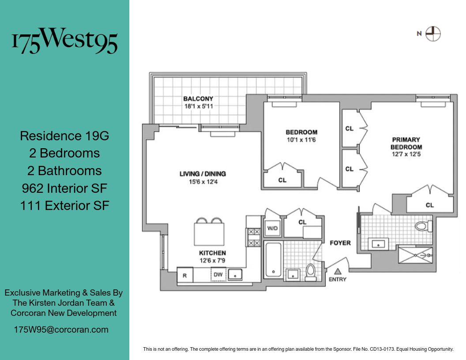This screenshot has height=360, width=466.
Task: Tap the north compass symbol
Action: coord(433,34)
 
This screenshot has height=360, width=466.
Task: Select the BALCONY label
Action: coord(198,99)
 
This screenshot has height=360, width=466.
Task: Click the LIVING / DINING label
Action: coord(203,174)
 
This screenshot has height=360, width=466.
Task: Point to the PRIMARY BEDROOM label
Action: coord(406,143)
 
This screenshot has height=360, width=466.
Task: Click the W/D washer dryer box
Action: coord(272,229)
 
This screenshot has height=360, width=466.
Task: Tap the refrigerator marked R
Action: coord(184,275)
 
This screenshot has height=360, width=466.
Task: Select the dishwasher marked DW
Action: coord(218,274)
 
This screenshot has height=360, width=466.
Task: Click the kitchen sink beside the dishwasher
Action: coord(236,274)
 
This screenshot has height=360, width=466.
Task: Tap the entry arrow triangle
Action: coord(338,271)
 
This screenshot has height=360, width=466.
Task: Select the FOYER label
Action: coord(340,243)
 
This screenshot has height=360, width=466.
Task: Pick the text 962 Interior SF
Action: coord(64,188)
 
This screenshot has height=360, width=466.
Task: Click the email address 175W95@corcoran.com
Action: coord(61,330)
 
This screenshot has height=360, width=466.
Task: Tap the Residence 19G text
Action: coord(64,136)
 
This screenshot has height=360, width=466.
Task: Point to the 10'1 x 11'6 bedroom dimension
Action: coord(301,140)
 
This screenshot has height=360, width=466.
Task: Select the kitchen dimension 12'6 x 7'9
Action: coord(213,260)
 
